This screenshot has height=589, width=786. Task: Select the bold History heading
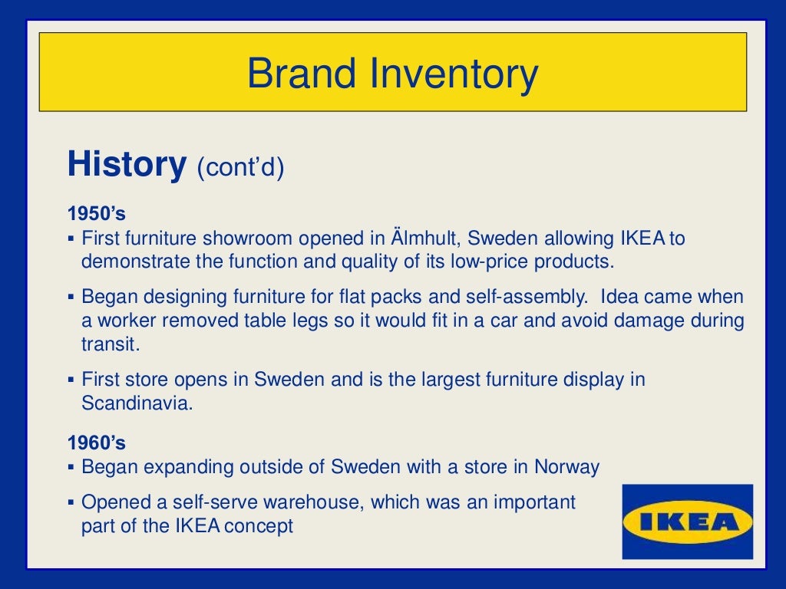pyautogui.click(x=127, y=164)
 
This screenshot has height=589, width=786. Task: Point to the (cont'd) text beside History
pyautogui.click(x=240, y=167)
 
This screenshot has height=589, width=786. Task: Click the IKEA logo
pyautogui.click(x=687, y=522)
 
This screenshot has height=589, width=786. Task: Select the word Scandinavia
pyautogui.click(x=137, y=403)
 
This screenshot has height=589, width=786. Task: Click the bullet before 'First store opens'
pyautogui.click(x=71, y=380)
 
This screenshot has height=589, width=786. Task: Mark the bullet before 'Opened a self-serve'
pyautogui.click(x=71, y=503)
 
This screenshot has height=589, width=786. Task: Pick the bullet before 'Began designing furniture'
pyautogui.click(x=71, y=297)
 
